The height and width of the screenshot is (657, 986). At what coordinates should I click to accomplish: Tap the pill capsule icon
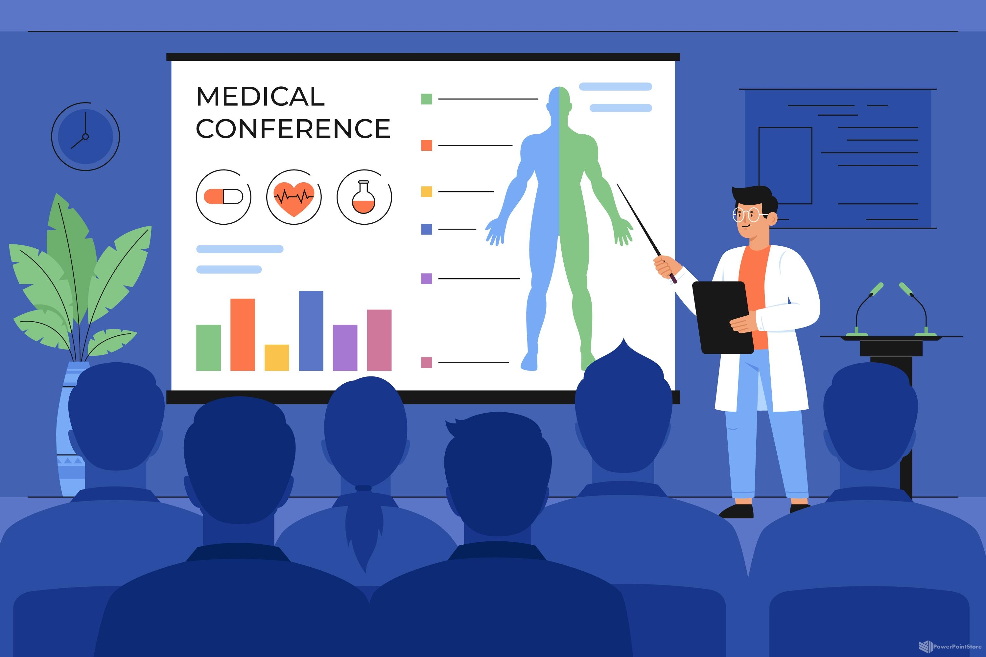pos(223,196)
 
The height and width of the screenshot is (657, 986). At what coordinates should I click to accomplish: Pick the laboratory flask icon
pos(364,197)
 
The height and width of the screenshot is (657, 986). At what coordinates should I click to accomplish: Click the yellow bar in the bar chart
pos(277,357)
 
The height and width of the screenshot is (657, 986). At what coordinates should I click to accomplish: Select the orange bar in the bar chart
pos(243,334)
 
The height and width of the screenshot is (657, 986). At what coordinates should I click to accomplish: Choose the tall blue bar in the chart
pos(311,330)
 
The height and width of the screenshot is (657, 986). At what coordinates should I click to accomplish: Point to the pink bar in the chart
pos(379,340)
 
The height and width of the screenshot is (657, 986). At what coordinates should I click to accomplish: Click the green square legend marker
pos(426,99)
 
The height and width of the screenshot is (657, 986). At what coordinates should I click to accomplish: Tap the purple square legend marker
pos(426,279)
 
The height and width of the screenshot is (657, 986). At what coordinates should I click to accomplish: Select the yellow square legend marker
pos(426,192)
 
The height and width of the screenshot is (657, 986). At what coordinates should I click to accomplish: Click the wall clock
pos(85,137)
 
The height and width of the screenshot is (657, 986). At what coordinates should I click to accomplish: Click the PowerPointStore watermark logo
pos(950,646)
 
